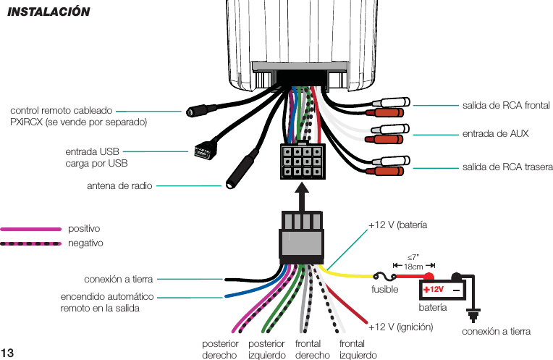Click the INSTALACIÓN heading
48,12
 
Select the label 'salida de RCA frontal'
506,106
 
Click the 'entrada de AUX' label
495,134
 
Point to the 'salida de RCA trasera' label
507,167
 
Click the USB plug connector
202,152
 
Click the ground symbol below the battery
475,315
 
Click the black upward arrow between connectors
302,196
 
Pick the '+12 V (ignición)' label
400,327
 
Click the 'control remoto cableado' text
61,111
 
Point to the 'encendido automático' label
106,297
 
